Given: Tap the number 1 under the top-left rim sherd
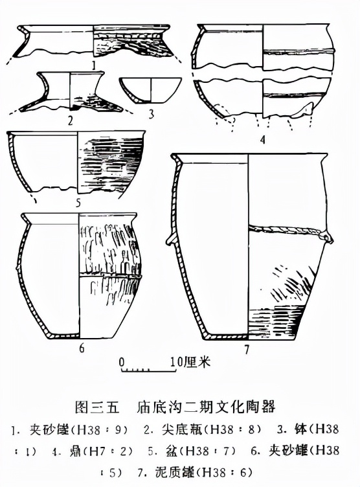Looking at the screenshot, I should click(x=95, y=65).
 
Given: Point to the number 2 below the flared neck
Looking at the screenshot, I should click(x=71, y=119).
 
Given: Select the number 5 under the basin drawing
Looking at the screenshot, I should click(x=77, y=203).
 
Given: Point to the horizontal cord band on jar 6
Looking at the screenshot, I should click(x=109, y=275).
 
